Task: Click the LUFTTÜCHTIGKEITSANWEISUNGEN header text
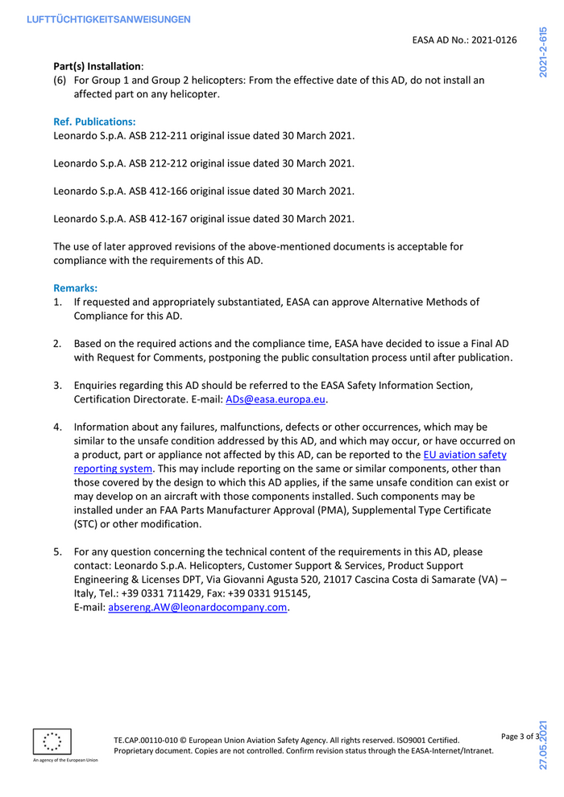[x=108, y=19]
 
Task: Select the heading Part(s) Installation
[x=97, y=66]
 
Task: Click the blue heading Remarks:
[x=75, y=287]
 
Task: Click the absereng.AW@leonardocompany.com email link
[x=197, y=608]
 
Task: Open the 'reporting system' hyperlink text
[x=113, y=469]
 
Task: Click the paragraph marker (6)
[x=60, y=81]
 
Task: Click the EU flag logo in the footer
[x=52, y=741]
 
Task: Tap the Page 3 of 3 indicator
[x=519, y=737]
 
